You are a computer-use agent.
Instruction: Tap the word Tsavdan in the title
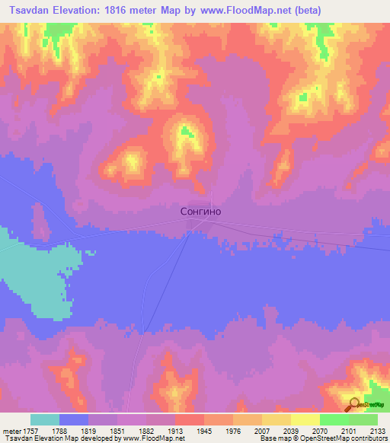pos(34,10)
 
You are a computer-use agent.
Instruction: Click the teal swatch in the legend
pos(45,419)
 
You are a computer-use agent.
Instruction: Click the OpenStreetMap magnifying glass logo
pos(353,404)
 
